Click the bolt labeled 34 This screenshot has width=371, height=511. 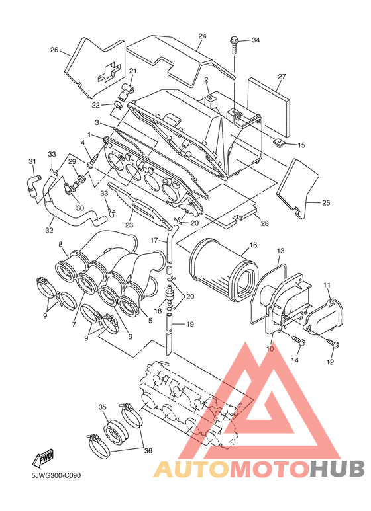pos(235,46)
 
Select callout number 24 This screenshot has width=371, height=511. pos(203,36)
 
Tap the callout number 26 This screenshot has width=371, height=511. pos(54,50)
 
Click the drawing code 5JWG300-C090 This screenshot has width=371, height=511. pos(56,475)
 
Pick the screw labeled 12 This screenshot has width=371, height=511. pos(333,343)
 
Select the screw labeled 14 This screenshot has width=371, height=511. pos(299,340)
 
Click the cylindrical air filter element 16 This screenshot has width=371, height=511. pos(225,269)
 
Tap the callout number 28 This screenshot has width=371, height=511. pos(264,223)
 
